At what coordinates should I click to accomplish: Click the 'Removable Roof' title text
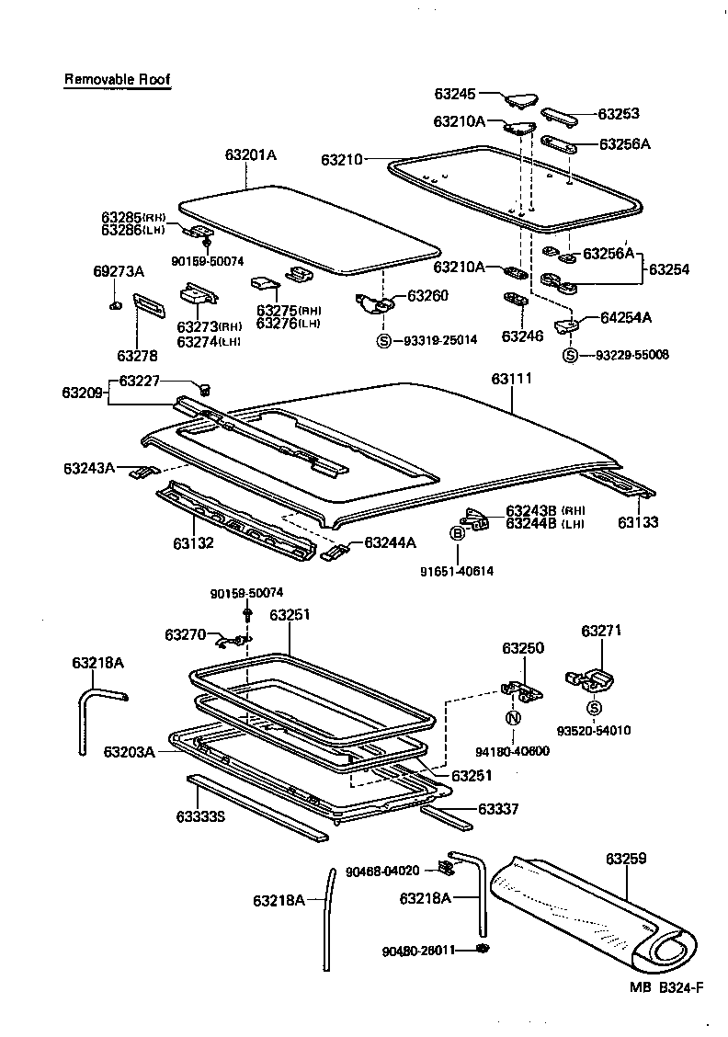point(117,79)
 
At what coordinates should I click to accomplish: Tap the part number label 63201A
point(250,154)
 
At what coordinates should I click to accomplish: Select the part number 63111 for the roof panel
point(512,379)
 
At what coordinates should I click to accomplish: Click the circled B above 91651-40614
point(457,532)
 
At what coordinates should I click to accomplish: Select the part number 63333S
point(200,815)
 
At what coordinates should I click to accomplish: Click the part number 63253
point(619,114)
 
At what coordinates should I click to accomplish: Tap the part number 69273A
point(119,271)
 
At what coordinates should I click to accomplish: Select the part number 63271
point(602,631)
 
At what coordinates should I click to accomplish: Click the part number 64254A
point(626,317)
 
